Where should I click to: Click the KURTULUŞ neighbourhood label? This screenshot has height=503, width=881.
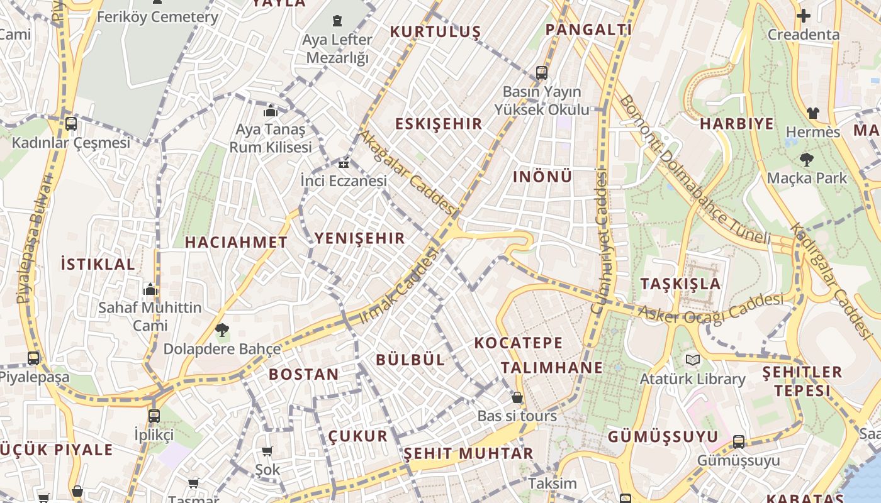click(435, 31)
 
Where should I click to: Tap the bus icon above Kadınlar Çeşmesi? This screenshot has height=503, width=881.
click(71, 124)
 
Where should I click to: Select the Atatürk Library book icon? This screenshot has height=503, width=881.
click(693, 360)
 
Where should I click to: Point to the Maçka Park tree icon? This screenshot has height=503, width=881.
click(806, 160)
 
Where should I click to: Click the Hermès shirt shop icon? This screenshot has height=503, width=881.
click(813, 113)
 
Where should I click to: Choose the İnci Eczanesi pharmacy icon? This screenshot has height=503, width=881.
click(344, 163)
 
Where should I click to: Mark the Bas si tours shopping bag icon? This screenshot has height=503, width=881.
click(517, 397)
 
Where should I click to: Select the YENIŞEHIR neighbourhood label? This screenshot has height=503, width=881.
click(359, 238)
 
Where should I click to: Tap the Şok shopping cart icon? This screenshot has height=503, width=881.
click(267, 450)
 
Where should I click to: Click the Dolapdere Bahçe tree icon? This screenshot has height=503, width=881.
click(222, 329)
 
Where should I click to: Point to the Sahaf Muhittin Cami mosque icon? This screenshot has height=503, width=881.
click(150, 289)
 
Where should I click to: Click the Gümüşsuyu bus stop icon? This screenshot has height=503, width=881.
click(739, 442)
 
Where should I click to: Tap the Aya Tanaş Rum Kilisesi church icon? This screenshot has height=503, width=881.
click(271, 111)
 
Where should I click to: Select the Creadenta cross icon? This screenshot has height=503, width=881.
click(804, 16)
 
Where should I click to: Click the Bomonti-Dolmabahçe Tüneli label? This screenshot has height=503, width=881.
click(694, 171)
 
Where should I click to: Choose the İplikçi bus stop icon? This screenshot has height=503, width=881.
click(154, 416)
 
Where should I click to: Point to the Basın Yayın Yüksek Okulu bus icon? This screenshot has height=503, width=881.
click(542, 73)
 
